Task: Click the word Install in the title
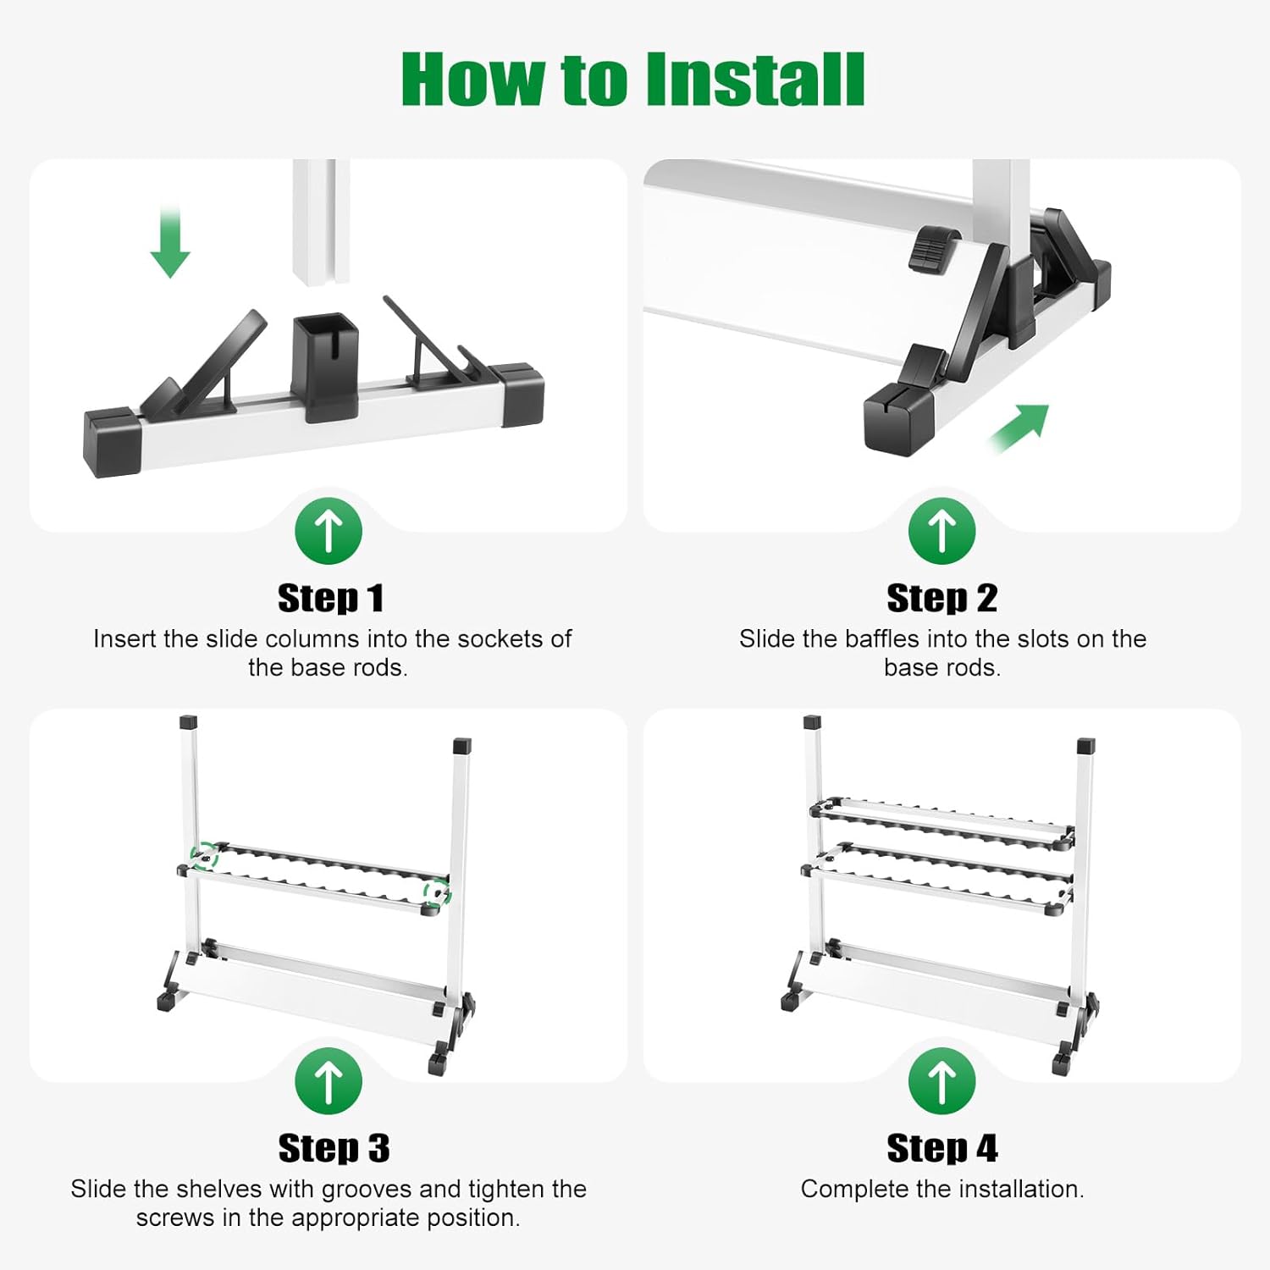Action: click(x=754, y=80)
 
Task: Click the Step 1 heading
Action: click(x=330, y=599)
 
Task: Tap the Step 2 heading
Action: click(x=941, y=599)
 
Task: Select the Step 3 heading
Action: click(x=334, y=1148)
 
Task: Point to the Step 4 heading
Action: click(x=941, y=1148)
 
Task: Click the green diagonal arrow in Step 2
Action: click(x=1020, y=428)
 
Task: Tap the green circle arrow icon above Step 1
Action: click(x=329, y=531)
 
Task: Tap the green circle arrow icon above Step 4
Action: click(x=941, y=1081)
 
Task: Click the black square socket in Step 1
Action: click(x=326, y=364)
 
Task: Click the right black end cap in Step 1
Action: click(x=521, y=395)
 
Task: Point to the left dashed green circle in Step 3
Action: click(x=203, y=856)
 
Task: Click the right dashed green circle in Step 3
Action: click(x=437, y=892)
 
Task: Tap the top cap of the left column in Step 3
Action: click(x=189, y=723)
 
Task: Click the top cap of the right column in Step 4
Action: click(x=1085, y=747)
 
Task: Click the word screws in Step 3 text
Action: click(x=173, y=1218)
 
